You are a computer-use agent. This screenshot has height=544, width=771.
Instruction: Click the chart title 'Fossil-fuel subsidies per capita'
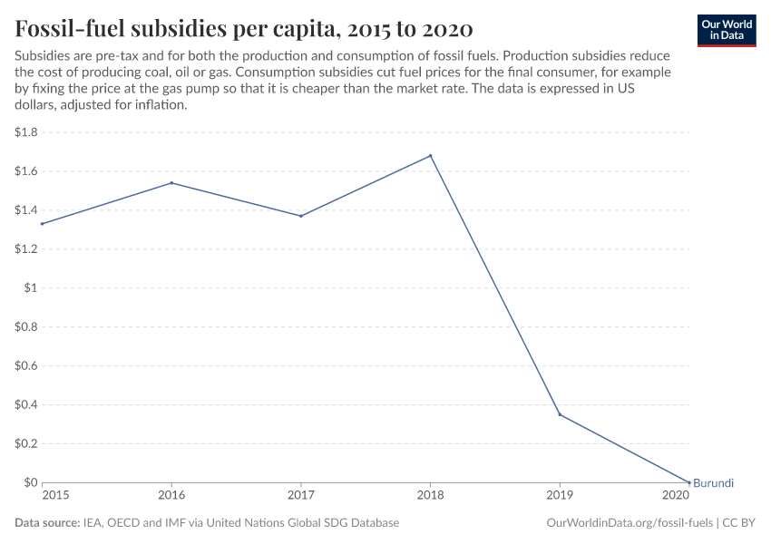pyautogui.click(x=243, y=28)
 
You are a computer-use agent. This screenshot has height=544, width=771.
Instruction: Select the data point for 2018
pyautogui.click(x=430, y=156)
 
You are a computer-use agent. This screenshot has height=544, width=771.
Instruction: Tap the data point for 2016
pyautogui.click(x=171, y=183)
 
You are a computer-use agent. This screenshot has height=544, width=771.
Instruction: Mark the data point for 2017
pyautogui.click(x=301, y=216)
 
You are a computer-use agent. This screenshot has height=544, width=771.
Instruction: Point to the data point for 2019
pyautogui.click(x=560, y=414)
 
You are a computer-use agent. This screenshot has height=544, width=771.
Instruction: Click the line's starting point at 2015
pyautogui.click(x=42, y=224)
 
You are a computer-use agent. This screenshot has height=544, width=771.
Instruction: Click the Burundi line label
pyautogui.click(x=713, y=483)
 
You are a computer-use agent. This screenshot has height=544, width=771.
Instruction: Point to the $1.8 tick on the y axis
pyautogui.click(x=25, y=132)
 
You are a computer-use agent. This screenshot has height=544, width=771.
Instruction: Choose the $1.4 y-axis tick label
pyautogui.click(x=25, y=210)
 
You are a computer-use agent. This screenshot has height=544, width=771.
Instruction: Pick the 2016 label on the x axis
pyautogui.click(x=171, y=496)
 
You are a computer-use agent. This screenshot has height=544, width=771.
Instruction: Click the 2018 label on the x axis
pyautogui.click(x=430, y=496)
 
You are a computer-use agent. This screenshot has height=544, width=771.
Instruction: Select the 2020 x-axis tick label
pyautogui.click(x=676, y=496)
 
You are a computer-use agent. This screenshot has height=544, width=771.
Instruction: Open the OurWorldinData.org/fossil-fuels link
pyautogui.click(x=630, y=523)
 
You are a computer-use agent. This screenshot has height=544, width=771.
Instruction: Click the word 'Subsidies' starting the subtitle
pyautogui.click(x=42, y=56)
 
